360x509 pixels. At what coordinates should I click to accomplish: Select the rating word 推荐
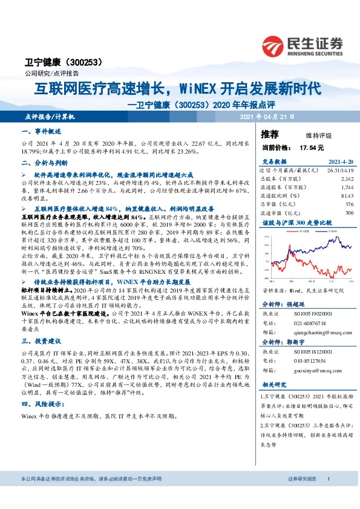click(x=270, y=134)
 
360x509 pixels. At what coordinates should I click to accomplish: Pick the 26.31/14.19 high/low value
click(x=339, y=170)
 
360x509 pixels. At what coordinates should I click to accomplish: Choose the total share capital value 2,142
click(x=346, y=179)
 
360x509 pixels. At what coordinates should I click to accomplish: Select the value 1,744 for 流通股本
click(x=346, y=187)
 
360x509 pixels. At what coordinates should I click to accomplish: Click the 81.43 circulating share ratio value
click(x=346, y=196)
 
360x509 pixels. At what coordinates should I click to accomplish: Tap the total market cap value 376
click(x=349, y=204)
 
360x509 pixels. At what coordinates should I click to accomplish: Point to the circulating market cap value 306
click(x=349, y=213)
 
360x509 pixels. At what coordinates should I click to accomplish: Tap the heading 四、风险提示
click(x=43, y=404)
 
